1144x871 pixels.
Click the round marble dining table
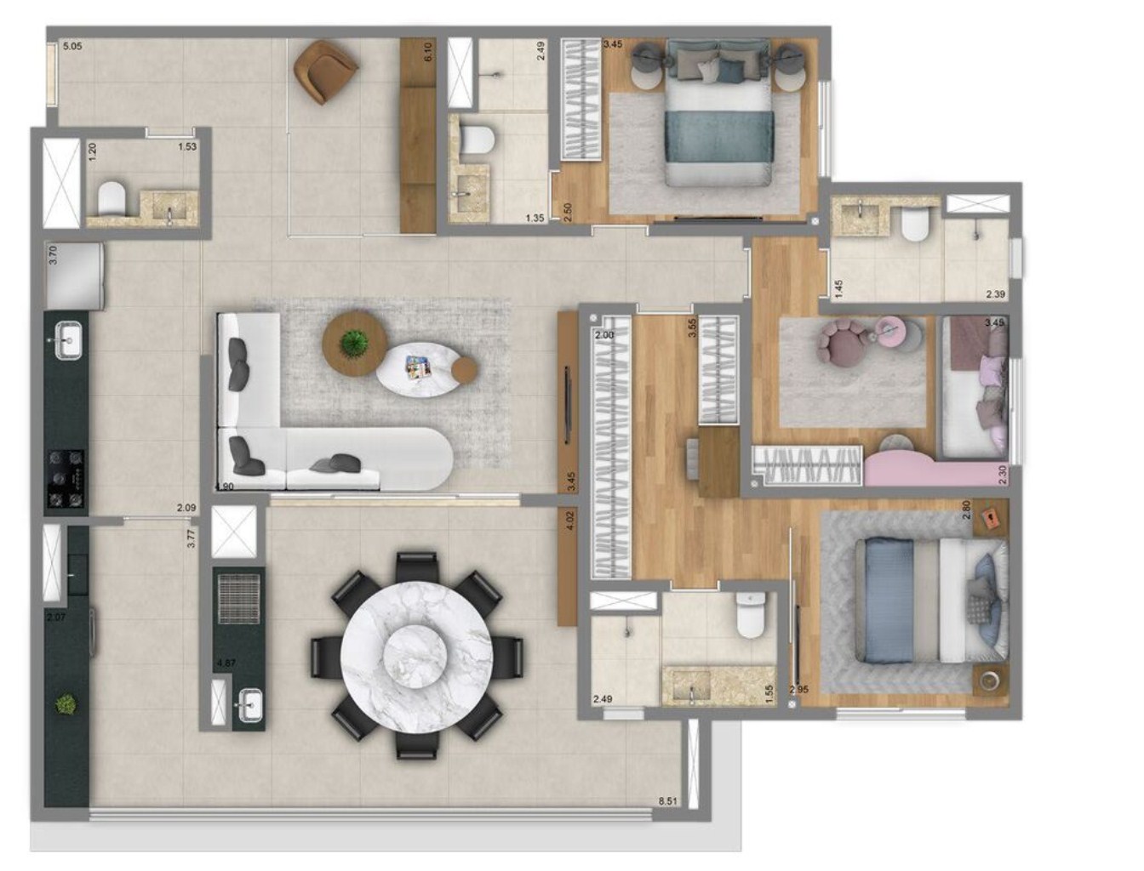click(x=416, y=653)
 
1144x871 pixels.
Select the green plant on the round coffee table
click(x=350, y=342)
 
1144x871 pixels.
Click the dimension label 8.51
click(x=669, y=800)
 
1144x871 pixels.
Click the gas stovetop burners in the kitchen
click(x=66, y=481)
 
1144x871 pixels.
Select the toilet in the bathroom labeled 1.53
click(x=112, y=200)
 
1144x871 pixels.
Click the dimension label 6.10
click(x=428, y=52)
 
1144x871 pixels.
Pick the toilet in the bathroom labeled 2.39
click(x=915, y=225)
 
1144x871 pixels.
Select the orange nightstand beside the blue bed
click(x=990, y=520)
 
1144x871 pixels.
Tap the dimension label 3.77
click(x=192, y=538)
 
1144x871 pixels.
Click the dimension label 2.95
click(x=798, y=690)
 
